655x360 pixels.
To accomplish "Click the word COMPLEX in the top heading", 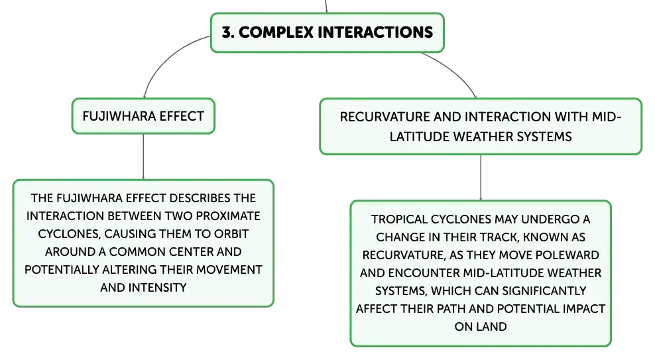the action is click(276, 32).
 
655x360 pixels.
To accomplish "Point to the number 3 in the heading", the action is click(227, 32).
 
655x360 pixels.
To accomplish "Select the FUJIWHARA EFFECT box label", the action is click(143, 116).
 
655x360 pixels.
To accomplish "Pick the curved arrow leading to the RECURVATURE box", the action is click(455, 70).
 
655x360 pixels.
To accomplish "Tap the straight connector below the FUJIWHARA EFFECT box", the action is click(143, 156).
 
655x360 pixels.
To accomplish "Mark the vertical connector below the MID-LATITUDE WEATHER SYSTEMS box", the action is click(481, 178).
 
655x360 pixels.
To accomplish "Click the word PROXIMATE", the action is click(228, 216).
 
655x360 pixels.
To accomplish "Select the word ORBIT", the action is click(231, 234).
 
